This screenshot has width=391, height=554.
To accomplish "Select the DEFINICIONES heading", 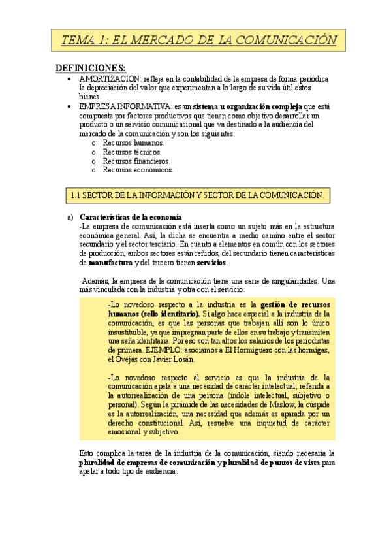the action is [91, 67].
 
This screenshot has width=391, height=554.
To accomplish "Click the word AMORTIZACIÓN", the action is [111, 78].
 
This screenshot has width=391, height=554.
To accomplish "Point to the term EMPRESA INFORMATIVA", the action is [121, 106].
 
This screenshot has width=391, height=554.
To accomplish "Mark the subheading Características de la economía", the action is [131, 217].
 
